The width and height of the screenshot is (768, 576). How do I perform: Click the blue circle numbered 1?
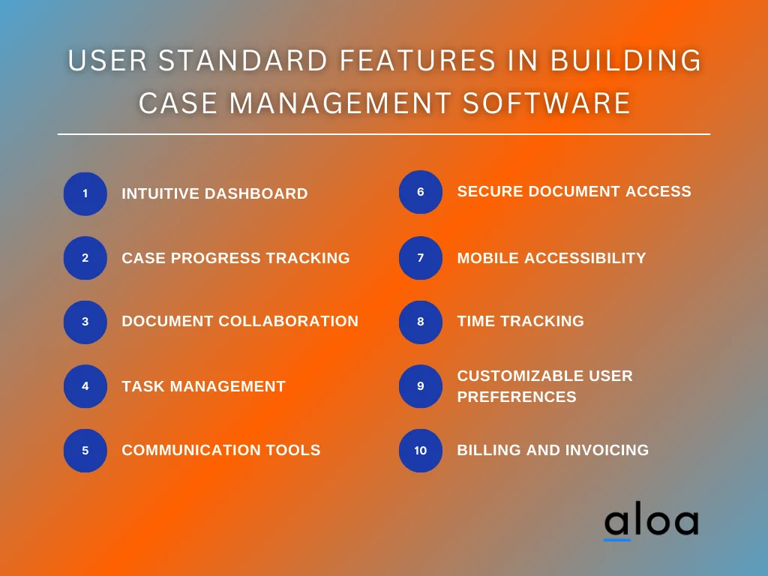(85, 193)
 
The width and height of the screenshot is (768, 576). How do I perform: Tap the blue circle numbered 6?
(421, 192)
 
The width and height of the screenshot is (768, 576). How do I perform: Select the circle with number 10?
(421, 451)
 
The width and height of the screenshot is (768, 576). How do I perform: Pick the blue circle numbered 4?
(85, 386)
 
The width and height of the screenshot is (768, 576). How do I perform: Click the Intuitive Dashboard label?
(214, 193)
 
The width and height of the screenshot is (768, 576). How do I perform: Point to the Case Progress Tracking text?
(235, 258)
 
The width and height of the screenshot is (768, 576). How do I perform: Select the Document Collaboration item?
(240, 321)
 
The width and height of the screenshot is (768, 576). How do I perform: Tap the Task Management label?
(203, 386)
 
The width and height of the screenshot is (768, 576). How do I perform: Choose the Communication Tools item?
(220, 450)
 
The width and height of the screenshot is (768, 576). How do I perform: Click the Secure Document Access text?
(574, 191)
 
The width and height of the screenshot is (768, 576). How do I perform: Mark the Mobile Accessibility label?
(551, 258)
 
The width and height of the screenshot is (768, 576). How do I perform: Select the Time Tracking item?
(520, 321)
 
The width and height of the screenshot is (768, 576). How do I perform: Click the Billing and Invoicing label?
(553, 450)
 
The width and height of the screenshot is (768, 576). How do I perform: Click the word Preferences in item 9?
(517, 397)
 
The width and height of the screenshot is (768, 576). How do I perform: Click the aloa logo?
(651, 523)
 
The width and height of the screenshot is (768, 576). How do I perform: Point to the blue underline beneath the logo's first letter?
(617, 538)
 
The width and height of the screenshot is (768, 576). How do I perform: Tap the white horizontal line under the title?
(384, 134)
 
